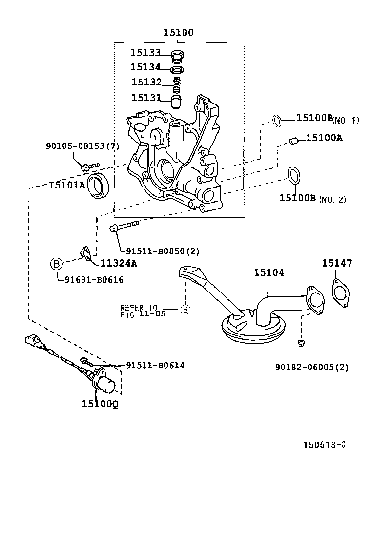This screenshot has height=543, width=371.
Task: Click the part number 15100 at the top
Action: (178, 33)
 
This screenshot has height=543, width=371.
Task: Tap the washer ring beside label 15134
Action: (179, 69)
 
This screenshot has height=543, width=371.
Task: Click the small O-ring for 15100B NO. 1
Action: (276, 120)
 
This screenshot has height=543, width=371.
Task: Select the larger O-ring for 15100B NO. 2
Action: (293, 176)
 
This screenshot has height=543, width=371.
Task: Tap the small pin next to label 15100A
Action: (293, 141)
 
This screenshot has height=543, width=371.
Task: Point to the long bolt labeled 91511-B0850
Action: (125, 225)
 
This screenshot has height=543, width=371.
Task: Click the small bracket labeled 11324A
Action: (86, 253)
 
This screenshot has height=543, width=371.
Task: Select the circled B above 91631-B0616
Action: (57, 264)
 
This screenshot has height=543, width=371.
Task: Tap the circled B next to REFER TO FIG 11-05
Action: (185, 309)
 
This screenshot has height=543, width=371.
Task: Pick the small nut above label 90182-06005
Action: (301, 344)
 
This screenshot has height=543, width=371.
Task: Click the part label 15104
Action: (268, 273)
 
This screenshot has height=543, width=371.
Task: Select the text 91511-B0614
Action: (155, 365)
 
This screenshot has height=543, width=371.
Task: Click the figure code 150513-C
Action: (325, 445)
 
